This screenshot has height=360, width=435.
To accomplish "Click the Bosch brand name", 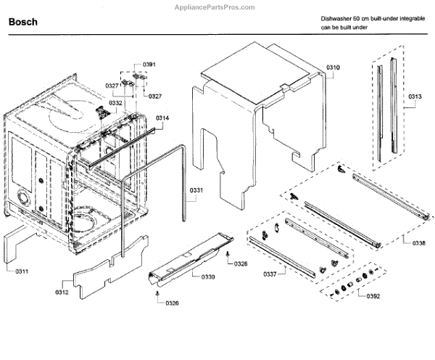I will click(24, 22).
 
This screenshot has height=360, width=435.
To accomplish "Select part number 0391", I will click(149, 65).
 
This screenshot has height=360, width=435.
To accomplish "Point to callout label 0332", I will click(115, 103).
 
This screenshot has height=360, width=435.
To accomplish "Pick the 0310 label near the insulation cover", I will click(333, 67).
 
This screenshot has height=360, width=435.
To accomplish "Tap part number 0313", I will click(415, 96).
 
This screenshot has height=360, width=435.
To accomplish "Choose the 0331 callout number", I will click(197, 192).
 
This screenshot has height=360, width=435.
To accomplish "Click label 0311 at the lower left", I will click(22, 271).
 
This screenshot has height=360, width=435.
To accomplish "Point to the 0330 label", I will click(208, 277).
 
